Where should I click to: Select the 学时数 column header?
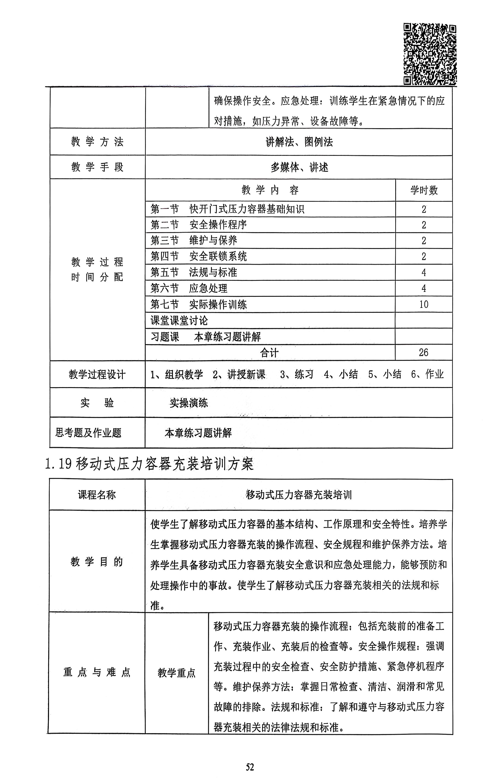click(x=423, y=190)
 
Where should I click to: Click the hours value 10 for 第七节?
click(x=423, y=304)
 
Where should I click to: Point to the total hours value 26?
click(x=423, y=352)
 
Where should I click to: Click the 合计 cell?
click(x=269, y=353)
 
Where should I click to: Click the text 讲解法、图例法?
click(x=299, y=142)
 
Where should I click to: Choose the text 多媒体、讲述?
click(x=299, y=167)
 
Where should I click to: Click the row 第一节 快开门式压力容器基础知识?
click(x=227, y=209)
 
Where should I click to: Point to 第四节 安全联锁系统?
click(x=198, y=257)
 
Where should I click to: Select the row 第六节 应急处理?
click(x=189, y=288)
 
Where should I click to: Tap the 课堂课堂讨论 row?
click(x=179, y=321)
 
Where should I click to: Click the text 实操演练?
click(x=189, y=403)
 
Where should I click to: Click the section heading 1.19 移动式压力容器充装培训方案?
click(x=149, y=464)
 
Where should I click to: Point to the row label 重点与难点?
click(x=97, y=672)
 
